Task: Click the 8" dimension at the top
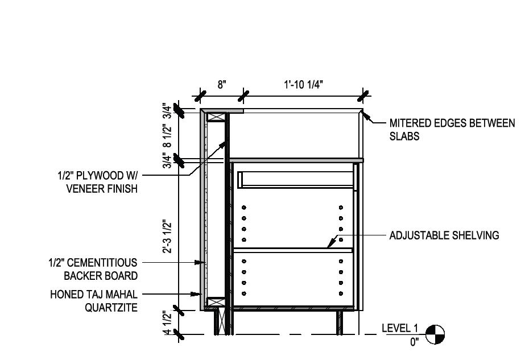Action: (222, 84)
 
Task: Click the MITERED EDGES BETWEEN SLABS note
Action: (452, 130)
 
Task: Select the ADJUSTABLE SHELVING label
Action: (444, 235)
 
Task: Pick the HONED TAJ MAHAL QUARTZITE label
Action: (93, 301)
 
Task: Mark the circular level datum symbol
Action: (436, 334)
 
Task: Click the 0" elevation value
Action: (414, 342)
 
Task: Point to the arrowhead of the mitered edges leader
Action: (365, 116)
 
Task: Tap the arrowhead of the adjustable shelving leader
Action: (329, 246)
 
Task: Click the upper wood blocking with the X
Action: (216, 117)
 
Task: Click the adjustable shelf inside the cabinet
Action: (292, 250)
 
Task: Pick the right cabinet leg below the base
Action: (340, 322)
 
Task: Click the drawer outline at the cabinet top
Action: (296, 179)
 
